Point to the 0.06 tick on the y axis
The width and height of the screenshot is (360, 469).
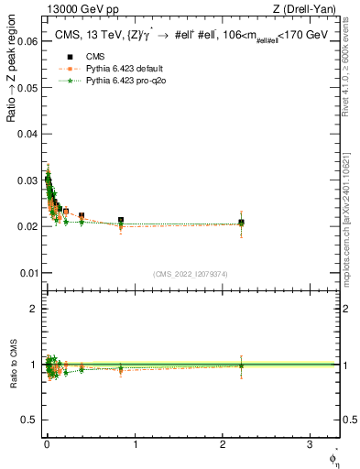pos(27,42)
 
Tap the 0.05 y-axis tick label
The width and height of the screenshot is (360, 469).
pos(27,88)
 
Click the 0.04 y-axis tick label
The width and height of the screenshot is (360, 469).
pos(27,134)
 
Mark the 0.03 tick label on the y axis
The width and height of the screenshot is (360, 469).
pos(27,180)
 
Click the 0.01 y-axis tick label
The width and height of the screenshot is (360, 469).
pos(27,273)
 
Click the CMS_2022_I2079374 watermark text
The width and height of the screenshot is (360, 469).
pos(189,274)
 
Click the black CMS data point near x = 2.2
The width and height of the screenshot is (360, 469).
pos(241,223)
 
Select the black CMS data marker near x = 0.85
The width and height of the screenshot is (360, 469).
pos(121,221)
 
